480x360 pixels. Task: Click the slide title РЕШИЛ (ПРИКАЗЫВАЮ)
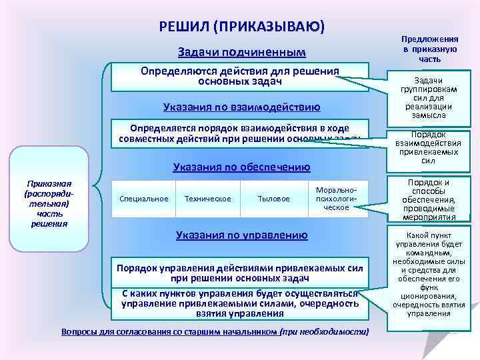pyautogui.click(x=242, y=26)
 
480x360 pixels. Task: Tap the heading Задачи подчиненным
pyautogui.click(x=241, y=53)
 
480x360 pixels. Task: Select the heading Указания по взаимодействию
pyautogui.click(x=241, y=107)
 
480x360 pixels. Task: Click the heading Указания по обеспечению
pyautogui.click(x=241, y=167)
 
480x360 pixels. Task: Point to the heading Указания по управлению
pyautogui.click(x=241, y=235)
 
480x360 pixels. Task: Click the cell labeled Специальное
pyautogui.click(x=143, y=199)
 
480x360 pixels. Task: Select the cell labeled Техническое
pyautogui.click(x=207, y=199)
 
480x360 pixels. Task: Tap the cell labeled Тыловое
pyautogui.click(x=273, y=199)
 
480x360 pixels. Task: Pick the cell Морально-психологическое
pyautogui.click(x=337, y=198)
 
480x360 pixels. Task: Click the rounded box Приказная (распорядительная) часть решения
pyautogui.click(x=49, y=203)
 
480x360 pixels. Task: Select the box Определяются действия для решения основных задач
pyautogui.click(x=239, y=77)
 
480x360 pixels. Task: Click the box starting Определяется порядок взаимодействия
pyautogui.click(x=239, y=133)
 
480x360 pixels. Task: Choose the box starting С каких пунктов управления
pyautogui.click(x=239, y=303)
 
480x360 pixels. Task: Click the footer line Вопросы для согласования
pyautogui.click(x=215, y=331)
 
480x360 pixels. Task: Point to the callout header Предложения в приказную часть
pyautogui.click(x=429, y=49)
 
